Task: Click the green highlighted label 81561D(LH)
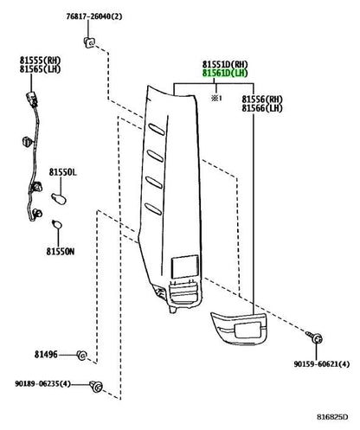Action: (x=225, y=74)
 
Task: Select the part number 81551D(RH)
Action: (x=225, y=64)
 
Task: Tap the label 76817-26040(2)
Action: (x=94, y=16)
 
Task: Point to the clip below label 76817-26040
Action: (x=89, y=42)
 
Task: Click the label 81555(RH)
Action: (x=41, y=61)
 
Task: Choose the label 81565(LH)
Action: (x=41, y=69)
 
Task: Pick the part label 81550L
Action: (x=63, y=172)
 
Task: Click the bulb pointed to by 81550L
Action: (x=59, y=199)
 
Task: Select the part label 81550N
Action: (x=61, y=252)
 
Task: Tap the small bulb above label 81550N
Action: (x=57, y=224)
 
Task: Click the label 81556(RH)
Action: (x=262, y=99)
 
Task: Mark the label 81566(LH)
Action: (x=262, y=108)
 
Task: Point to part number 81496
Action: (x=46, y=354)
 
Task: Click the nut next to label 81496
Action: (x=82, y=356)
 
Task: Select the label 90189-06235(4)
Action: (x=43, y=384)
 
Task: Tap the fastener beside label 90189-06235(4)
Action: (x=96, y=386)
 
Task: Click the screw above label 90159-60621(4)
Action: (x=315, y=337)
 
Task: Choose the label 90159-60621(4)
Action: (x=322, y=364)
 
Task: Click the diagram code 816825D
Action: (x=332, y=417)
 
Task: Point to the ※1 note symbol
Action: (x=217, y=99)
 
